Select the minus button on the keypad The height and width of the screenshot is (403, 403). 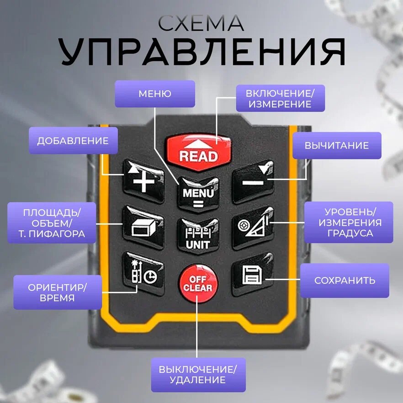click(253, 181)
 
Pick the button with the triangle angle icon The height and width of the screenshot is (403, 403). click(253, 226)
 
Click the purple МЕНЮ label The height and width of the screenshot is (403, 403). click(154, 94)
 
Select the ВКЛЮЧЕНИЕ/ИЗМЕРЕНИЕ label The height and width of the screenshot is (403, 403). click(280, 98)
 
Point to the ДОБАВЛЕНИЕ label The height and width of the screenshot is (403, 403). click(73, 141)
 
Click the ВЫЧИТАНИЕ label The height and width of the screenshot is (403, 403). click(337, 146)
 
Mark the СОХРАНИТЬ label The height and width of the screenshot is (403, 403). click(345, 281)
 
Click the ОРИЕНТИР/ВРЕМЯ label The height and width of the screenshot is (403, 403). click(58, 292)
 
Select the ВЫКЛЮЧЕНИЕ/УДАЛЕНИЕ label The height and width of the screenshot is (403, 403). click(198, 374)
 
